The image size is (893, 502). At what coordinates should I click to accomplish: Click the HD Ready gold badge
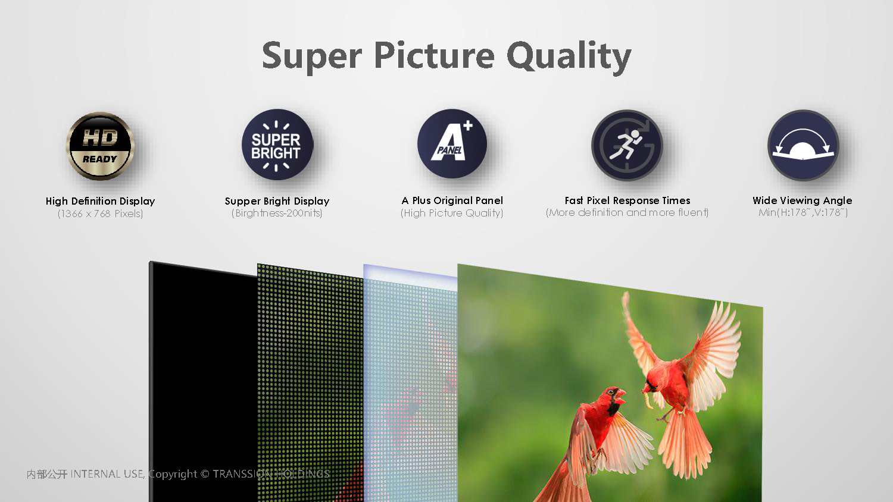click(x=100, y=146)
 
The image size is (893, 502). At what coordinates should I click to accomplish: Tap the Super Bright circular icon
click(x=277, y=145)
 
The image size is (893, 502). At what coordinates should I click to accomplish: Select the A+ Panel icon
click(x=452, y=144)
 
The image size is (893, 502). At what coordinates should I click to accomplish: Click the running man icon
click(x=627, y=145)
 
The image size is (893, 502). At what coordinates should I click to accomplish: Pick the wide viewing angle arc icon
click(x=803, y=145)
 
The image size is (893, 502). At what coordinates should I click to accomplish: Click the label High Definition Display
click(x=100, y=201)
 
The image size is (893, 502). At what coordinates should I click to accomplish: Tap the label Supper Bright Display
click(x=277, y=201)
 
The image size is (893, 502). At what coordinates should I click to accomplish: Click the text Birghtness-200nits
click(x=277, y=213)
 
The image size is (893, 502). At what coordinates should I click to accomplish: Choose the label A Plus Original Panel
click(x=452, y=200)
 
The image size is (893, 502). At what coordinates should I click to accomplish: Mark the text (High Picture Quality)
click(x=452, y=213)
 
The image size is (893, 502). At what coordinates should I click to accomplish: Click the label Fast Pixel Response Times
click(x=627, y=200)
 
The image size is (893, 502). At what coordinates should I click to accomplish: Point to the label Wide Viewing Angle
click(x=803, y=200)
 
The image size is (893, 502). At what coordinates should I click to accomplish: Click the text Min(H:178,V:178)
click(x=803, y=212)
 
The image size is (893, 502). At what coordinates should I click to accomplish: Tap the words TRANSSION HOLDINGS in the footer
click(x=271, y=473)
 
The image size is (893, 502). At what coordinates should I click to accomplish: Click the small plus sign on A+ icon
click(x=468, y=125)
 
